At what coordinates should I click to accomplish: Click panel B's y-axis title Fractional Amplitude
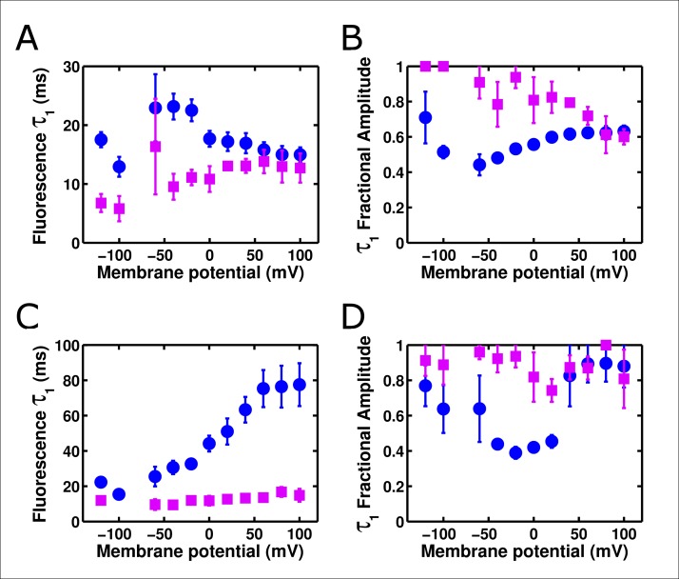coord(384,150)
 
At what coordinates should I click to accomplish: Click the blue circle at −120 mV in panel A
coord(101,140)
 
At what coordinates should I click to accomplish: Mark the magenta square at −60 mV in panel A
coord(156,147)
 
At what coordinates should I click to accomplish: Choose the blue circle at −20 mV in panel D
coord(515,452)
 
